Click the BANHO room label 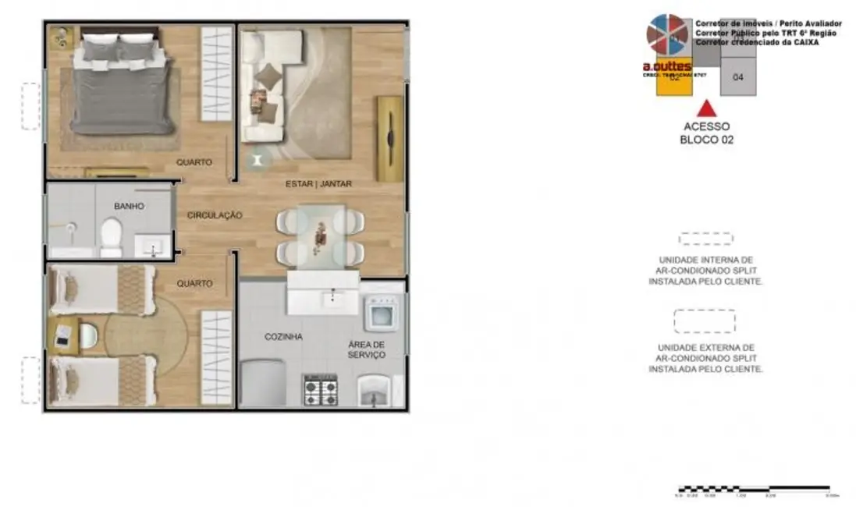coord(129,207)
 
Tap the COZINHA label coord(283,337)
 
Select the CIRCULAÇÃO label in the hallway coord(215,215)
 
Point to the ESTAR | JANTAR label coord(318,184)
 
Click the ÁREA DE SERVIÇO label coord(367,349)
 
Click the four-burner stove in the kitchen coord(321,388)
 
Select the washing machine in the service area coord(382,314)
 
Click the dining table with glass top coord(321,232)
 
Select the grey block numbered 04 coord(738,77)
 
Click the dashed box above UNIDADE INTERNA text coord(705,239)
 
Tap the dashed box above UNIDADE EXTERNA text coord(705,321)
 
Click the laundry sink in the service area coord(375,391)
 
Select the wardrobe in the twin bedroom coord(216,357)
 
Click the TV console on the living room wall coord(389,138)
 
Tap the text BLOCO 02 coord(706,140)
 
